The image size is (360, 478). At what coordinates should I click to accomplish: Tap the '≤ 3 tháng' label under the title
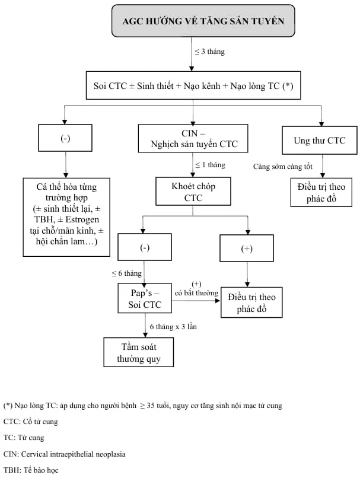pos(210,52)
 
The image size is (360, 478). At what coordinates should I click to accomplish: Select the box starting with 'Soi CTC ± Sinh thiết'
pos(193,85)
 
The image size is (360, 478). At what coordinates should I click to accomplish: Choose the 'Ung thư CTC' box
pos(319,141)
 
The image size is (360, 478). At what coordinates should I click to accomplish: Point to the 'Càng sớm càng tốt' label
pos(282,167)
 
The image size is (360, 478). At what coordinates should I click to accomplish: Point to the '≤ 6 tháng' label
pos(127,273)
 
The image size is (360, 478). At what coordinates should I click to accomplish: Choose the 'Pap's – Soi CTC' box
pos(145,297)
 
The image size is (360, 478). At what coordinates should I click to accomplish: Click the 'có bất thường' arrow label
pos(196,292)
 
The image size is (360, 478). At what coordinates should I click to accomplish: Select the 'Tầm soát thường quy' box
pos(139,353)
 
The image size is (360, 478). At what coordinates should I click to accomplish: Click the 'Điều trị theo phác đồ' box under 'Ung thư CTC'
pos(321,192)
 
